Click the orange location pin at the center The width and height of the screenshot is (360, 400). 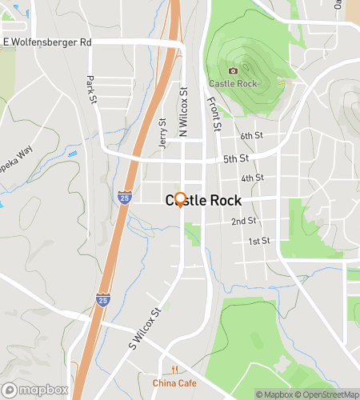[x=180, y=200]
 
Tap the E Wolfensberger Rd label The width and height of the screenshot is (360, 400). [x=47, y=42]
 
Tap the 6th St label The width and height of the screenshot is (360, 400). [x=252, y=136]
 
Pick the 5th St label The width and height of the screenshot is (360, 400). [x=236, y=158]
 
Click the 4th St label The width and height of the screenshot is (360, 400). [x=252, y=178]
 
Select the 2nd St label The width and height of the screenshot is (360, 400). [x=244, y=221]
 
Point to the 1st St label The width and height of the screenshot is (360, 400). [x=258, y=241]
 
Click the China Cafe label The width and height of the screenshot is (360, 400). [x=174, y=382]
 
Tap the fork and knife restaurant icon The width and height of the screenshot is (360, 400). [x=174, y=369]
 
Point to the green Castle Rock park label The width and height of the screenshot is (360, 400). [x=232, y=83]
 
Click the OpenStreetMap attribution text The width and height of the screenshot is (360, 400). [x=327, y=394]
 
